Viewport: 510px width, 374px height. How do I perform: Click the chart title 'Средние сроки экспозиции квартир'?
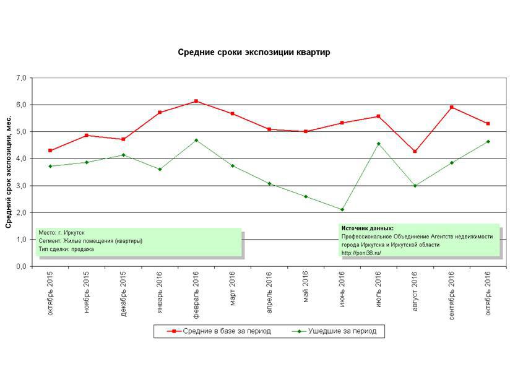(254, 53)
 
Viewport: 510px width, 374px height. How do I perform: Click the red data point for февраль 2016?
(196, 101)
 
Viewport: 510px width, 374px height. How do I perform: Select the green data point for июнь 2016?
(342, 209)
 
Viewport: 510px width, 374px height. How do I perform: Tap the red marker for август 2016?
(415, 151)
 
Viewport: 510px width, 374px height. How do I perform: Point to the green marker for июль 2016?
(379, 144)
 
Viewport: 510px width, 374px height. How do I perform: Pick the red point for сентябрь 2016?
(452, 107)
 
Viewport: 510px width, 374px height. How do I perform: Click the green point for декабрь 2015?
(123, 155)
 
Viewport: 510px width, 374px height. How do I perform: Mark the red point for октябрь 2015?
(50, 150)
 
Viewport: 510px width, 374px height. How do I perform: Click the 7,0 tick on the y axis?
(22, 78)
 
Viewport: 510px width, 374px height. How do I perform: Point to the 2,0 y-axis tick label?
(22, 212)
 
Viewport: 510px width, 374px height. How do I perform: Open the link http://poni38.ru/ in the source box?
(361, 253)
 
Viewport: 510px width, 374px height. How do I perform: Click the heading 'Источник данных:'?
(367, 228)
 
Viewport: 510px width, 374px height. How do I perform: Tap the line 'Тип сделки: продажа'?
(66, 249)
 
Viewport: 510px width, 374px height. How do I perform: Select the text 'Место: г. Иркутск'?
(61, 232)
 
